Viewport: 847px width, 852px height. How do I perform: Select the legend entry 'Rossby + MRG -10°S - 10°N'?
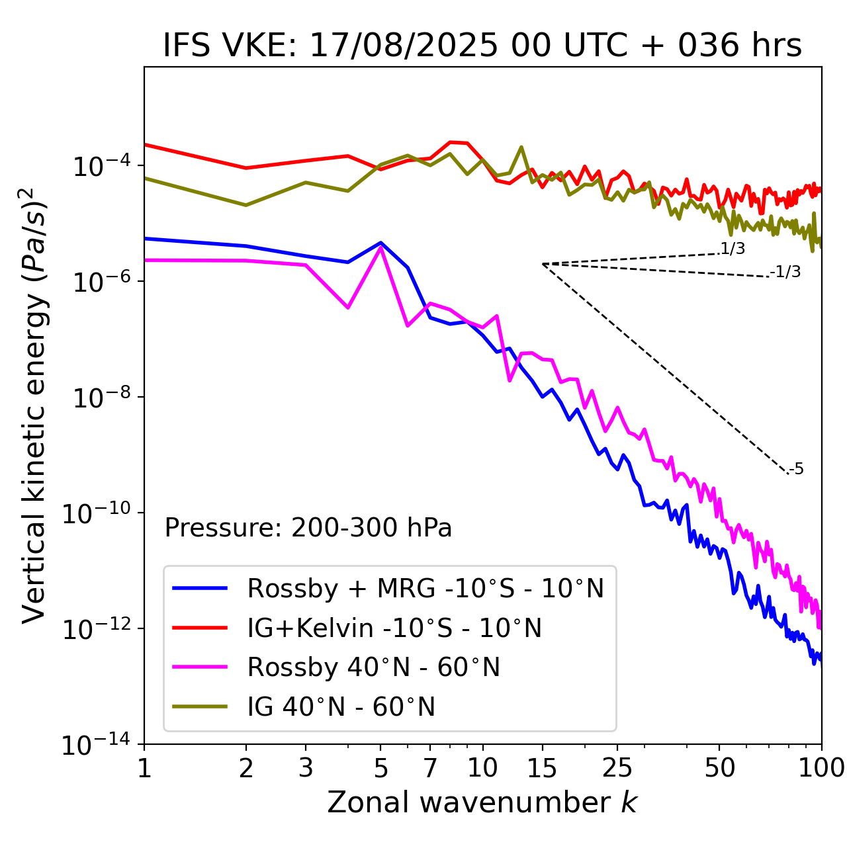click(425, 588)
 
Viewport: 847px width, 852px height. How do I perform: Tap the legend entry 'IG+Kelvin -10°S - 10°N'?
click(394, 628)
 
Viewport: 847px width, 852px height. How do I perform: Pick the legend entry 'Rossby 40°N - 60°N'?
click(373, 667)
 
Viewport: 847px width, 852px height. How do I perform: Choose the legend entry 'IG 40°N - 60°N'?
click(341, 707)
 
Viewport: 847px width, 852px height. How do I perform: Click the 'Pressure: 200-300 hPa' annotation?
click(308, 528)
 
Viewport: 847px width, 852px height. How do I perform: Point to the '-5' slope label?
click(797, 470)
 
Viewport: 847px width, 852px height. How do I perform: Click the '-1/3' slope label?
click(786, 272)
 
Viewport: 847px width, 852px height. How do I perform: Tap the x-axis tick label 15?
click(542, 768)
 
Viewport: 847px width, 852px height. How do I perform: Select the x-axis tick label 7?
click(430, 768)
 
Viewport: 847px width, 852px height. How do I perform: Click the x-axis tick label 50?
click(720, 768)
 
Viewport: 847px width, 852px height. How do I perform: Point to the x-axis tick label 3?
click(306, 768)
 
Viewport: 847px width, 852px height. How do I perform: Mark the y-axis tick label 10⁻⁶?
click(100, 282)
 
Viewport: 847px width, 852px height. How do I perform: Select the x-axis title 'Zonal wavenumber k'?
click(482, 802)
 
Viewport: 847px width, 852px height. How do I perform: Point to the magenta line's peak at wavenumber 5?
click(380, 247)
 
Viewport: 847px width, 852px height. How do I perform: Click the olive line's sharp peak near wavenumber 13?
click(521, 147)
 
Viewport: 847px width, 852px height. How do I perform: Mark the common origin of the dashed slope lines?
click(543, 264)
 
